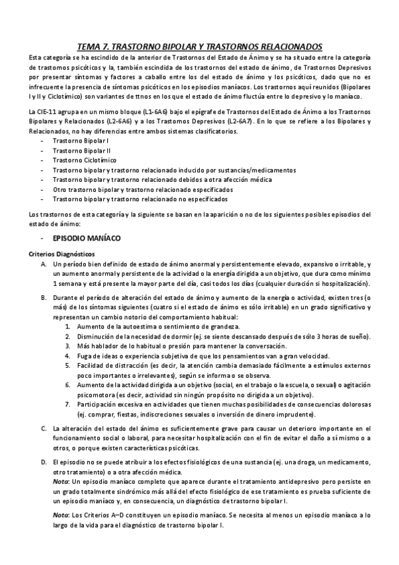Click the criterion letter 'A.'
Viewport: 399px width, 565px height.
pyautogui.click(x=44, y=265)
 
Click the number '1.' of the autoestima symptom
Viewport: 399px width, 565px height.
pyautogui.click(x=69, y=328)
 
